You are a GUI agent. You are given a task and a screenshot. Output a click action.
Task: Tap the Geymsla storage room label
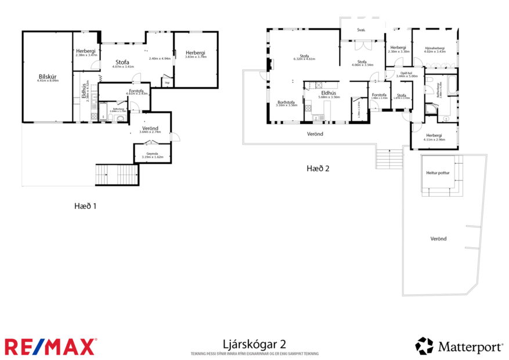pos(151,154)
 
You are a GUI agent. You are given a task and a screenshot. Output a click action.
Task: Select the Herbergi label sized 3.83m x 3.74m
pos(196,54)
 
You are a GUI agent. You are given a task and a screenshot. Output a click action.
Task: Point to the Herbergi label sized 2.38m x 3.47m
pos(86,52)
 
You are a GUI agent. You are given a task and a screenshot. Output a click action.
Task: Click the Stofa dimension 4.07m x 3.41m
pos(122,66)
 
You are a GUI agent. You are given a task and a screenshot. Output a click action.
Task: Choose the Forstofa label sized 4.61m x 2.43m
pos(136,91)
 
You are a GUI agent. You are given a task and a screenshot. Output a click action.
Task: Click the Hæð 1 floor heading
pos(85,206)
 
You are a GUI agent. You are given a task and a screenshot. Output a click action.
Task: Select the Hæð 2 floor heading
pos(317,168)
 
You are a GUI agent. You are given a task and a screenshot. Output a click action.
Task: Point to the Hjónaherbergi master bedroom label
pos(434,49)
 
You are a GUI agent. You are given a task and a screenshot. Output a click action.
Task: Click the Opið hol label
pos(406,74)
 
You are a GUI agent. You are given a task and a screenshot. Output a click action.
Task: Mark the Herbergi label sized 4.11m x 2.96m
pos(434,136)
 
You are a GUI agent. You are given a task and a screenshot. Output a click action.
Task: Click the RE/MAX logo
pos(50,347)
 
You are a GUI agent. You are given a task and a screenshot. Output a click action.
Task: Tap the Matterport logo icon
pos(424,346)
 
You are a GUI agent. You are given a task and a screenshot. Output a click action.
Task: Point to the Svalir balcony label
pos(361,31)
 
